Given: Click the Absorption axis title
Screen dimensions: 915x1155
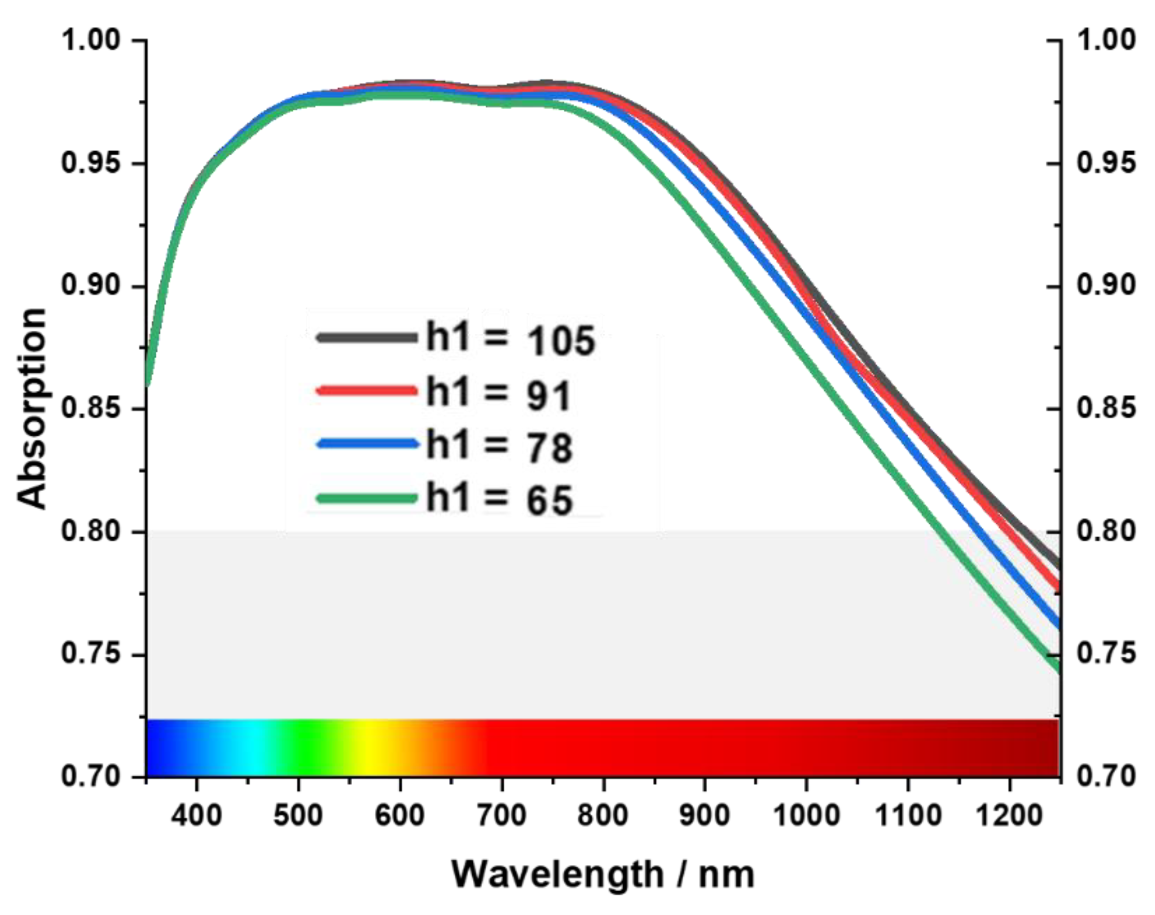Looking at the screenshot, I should [x=32, y=408].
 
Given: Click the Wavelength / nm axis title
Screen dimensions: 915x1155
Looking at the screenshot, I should [x=603, y=875].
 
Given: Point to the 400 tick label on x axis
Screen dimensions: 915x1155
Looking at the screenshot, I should [x=197, y=817].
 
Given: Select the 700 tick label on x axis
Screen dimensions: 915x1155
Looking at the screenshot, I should [x=502, y=817].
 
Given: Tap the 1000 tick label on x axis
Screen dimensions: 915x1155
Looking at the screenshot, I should [x=806, y=817].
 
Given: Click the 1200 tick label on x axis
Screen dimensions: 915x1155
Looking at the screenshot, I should [x=1009, y=817].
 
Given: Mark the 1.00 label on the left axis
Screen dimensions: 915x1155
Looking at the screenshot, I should [x=89, y=40].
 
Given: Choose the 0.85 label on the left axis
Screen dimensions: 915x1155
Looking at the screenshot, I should [x=89, y=409].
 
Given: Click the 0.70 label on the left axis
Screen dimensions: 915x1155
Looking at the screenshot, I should [x=89, y=776].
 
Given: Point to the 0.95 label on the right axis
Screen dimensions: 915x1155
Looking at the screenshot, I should [x=1106, y=163].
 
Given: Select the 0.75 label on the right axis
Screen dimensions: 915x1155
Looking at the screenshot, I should [x=1106, y=654].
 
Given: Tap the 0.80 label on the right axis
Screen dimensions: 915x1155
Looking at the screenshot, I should [x=1106, y=532].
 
